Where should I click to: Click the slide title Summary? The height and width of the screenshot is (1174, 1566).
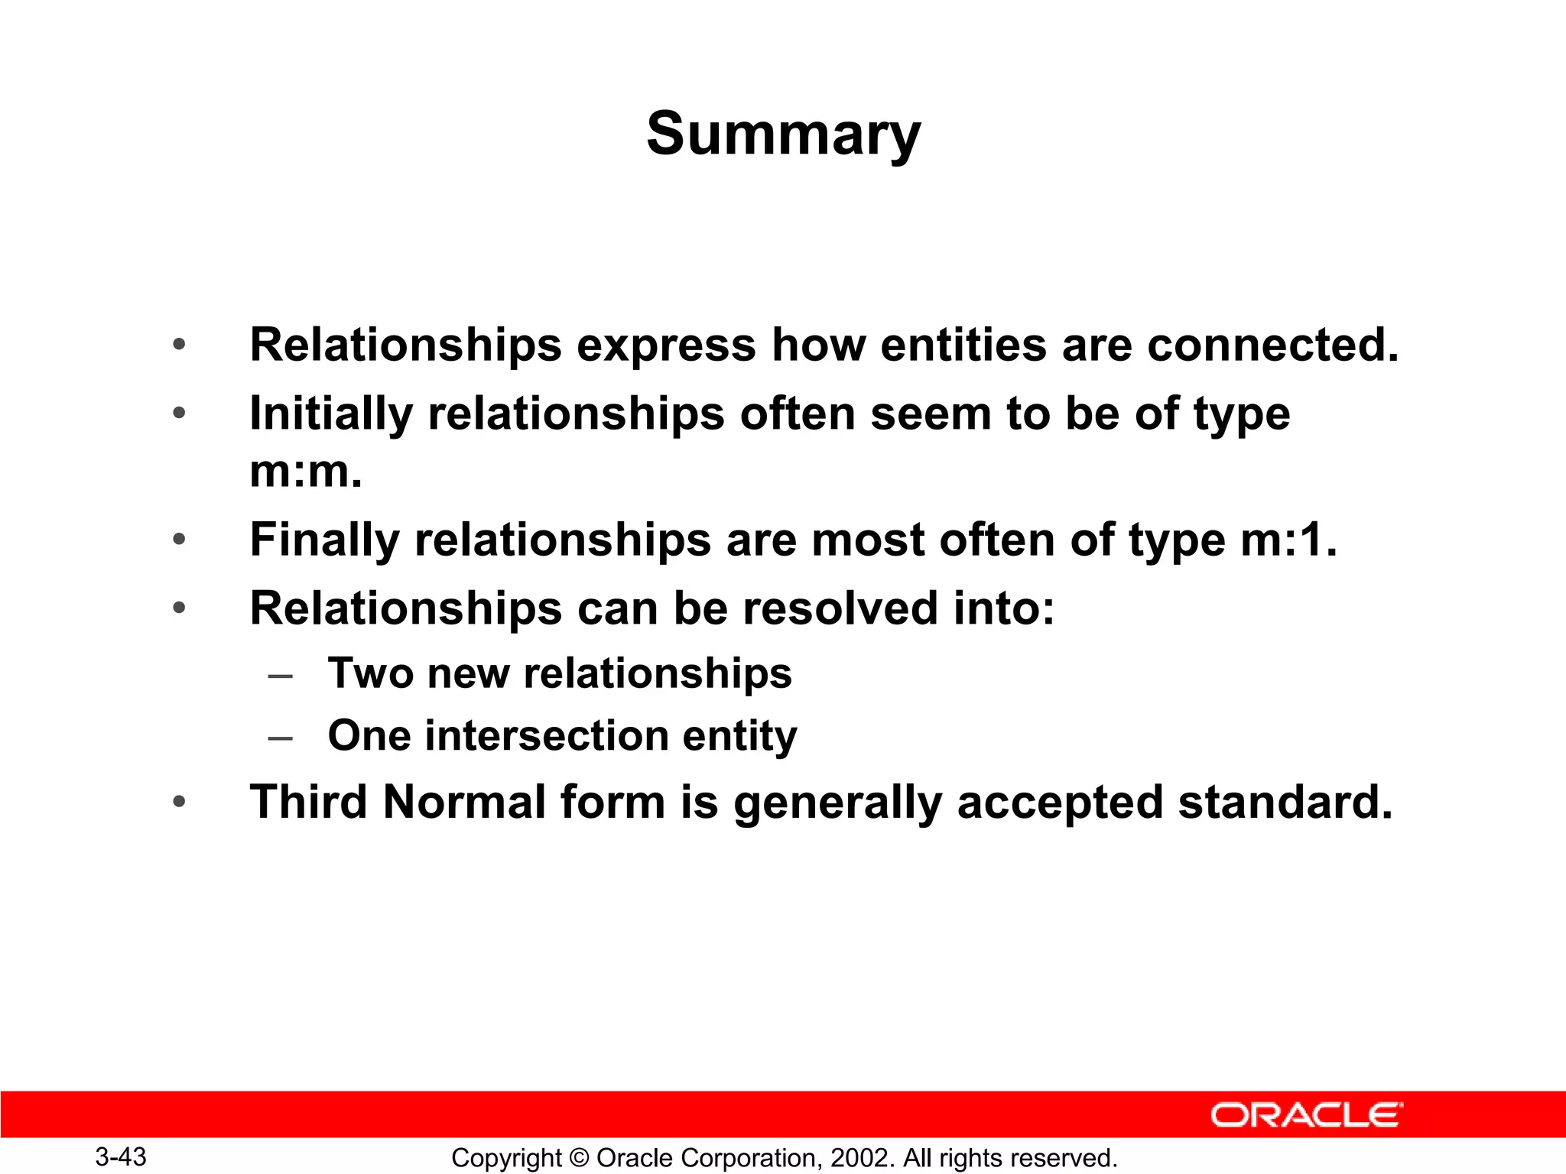pos(783,135)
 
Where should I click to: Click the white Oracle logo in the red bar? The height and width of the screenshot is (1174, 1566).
pos(1306,1115)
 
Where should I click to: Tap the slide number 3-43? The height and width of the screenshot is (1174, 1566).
pos(121,1156)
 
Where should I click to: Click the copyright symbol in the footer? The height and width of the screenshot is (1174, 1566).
pos(579,1158)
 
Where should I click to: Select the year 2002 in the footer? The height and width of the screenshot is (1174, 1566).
pos(861,1158)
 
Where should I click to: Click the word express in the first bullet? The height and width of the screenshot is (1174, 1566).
pos(665,345)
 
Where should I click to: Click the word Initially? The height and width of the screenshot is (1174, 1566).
pos(331,414)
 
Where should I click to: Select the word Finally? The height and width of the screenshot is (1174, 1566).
pos(324,540)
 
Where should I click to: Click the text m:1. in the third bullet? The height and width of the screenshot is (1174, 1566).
pos(1288,540)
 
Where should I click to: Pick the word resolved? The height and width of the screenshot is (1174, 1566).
pos(840,608)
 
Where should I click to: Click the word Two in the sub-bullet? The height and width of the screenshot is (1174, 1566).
pos(370,673)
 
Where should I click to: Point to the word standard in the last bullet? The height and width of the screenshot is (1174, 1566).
pos(1285,803)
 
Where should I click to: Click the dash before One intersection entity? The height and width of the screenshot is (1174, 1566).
pos(281,738)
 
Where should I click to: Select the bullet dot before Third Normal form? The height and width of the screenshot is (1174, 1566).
pos(179,803)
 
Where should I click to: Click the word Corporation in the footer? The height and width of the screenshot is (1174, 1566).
pos(746,1158)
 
